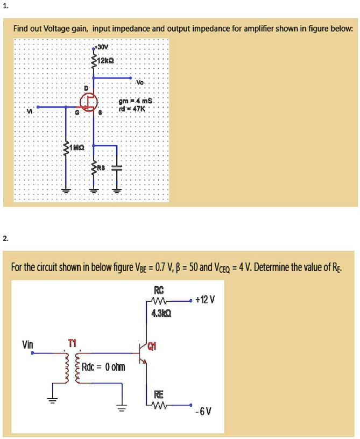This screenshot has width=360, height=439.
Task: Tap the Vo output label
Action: (x=140, y=83)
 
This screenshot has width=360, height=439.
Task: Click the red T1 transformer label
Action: (x=73, y=342)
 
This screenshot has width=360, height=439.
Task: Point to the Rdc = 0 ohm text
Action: (x=104, y=367)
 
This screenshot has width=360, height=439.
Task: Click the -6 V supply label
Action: (x=206, y=412)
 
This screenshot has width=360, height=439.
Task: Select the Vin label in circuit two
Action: (x=28, y=343)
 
